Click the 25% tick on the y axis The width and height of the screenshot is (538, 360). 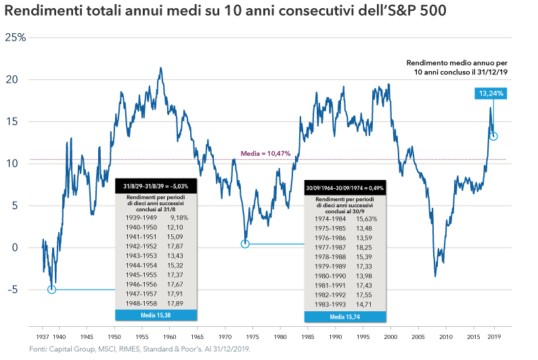tap(15, 37)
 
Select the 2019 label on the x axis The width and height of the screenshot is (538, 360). tap(494, 336)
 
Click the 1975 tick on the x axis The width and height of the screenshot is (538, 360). tap(252, 336)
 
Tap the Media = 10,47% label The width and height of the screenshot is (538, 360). tap(266, 154)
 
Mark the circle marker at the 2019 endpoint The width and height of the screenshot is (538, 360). tap(494, 137)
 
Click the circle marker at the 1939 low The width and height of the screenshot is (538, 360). tap(51, 290)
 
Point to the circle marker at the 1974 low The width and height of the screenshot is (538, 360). tap(245, 244)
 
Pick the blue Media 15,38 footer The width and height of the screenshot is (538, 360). tap(156, 315)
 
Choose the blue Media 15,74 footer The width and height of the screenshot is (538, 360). tap(346, 316)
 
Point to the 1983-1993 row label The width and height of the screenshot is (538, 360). tap(330, 305)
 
